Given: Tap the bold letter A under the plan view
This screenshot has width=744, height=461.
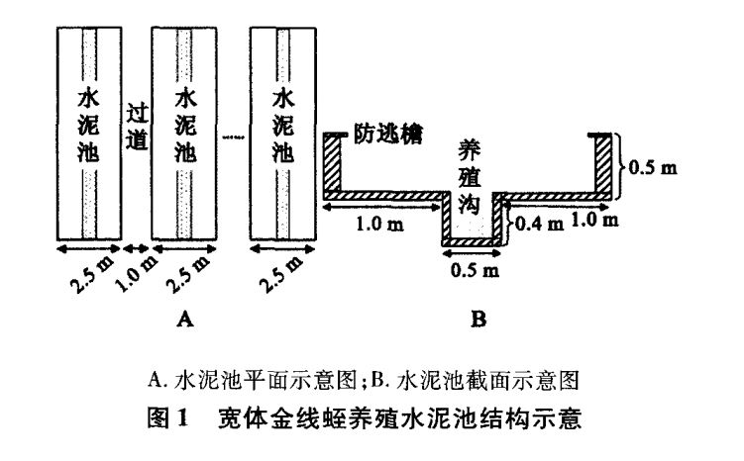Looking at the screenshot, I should (x=181, y=320).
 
